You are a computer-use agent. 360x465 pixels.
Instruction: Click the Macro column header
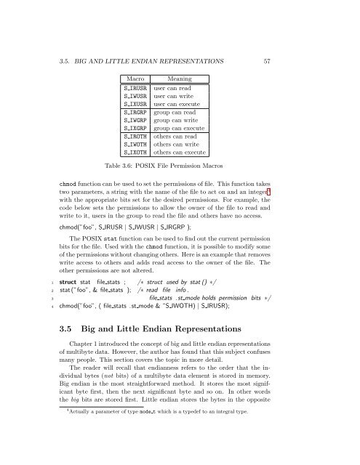click(134, 76)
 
